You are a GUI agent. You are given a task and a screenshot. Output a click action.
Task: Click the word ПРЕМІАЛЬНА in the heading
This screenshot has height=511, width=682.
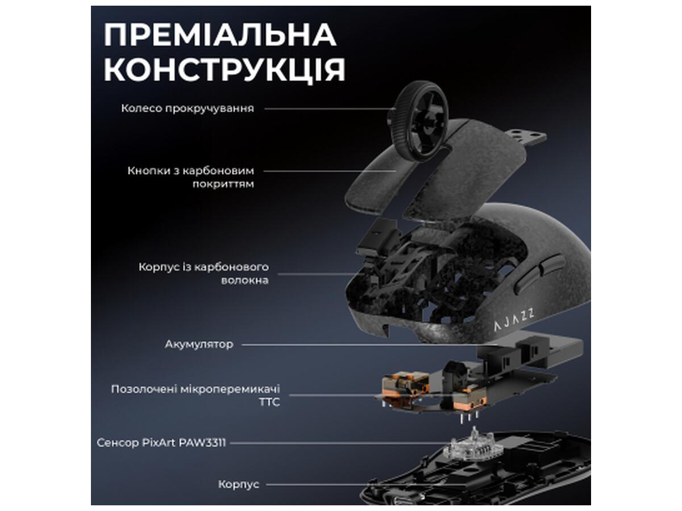[x=220, y=35]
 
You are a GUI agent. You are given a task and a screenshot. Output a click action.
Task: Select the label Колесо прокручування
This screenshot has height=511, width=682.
[x=188, y=108]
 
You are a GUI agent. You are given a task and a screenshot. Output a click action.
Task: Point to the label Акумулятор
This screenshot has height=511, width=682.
[x=199, y=344]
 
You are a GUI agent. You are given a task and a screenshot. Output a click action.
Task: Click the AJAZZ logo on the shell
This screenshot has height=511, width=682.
[x=514, y=319]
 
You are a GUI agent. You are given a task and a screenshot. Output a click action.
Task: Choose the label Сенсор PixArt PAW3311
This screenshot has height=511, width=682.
[x=161, y=443]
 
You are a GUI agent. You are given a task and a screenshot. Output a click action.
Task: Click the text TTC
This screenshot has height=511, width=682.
[x=269, y=402]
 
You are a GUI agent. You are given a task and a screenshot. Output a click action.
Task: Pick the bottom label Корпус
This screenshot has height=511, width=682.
[x=239, y=484]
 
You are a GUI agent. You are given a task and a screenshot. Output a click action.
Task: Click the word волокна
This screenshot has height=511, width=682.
[x=245, y=280]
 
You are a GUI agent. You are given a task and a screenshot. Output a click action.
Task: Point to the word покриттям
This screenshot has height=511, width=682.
[x=223, y=185]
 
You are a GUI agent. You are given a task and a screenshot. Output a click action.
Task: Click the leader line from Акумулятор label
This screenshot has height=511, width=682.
[x=370, y=345]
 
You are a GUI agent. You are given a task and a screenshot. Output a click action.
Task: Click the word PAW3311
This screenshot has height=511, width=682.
[x=202, y=443]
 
